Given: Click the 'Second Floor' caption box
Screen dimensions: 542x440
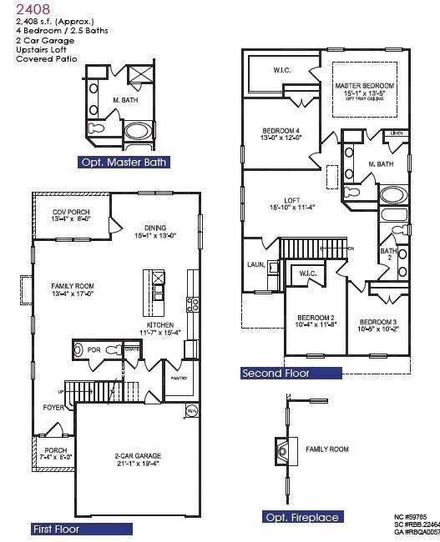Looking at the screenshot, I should pos(276,374).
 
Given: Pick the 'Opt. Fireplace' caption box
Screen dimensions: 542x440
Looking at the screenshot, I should pos(301,517).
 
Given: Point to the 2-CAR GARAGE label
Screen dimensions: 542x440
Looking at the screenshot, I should pos(138,456).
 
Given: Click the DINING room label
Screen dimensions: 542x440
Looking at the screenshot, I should pos(154,228).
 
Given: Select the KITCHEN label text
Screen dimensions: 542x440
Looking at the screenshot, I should pos(159,324).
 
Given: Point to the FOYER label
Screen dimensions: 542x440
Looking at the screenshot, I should pos(54,408).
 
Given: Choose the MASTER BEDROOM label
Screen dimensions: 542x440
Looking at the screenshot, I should pos(365,86).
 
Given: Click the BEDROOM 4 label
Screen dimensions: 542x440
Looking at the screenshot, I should pos(281,131).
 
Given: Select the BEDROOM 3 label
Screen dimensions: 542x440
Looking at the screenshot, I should pos(378,322).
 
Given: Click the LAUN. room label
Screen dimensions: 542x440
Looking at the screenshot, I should pos(255,264).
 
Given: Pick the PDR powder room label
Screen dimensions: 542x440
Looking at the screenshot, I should pos(94,350).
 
